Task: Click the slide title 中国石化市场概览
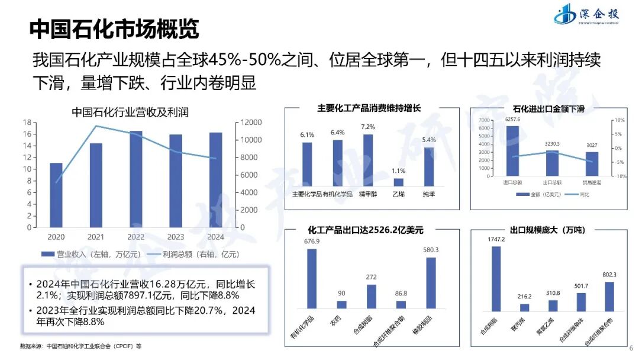click(x=114, y=28)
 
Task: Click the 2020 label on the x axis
click(x=56, y=236)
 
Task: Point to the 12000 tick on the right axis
click(x=250, y=123)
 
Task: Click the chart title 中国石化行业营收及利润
click(x=130, y=112)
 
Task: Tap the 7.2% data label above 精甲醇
click(x=368, y=127)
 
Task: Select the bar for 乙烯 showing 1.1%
click(x=398, y=182)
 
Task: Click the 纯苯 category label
click(x=428, y=194)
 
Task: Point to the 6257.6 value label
click(x=512, y=120)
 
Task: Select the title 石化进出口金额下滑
click(x=548, y=109)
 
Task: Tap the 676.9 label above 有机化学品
click(x=312, y=242)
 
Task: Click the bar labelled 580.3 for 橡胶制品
click(x=431, y=283)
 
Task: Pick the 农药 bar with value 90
click(x=341, y=304)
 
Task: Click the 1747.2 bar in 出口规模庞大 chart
click(x=496, y=278)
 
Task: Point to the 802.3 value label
click(x=609, y=275)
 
